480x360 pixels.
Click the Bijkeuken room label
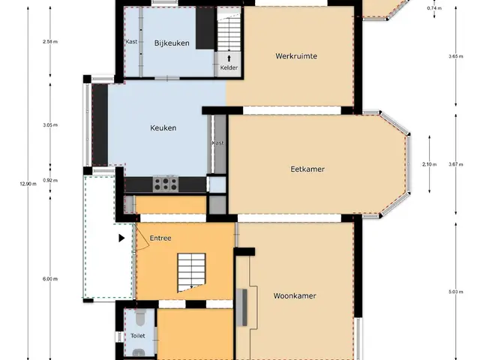point(172,43)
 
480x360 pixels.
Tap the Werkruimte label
point(296,56)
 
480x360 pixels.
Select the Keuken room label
point(163,128)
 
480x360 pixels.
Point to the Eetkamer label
point(307,169)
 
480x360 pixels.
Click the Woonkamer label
point(295,295)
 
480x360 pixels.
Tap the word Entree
point(160,238)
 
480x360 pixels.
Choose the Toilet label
point(138,336)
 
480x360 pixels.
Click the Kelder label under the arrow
point(229,67)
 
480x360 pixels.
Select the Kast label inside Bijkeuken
point(132,42)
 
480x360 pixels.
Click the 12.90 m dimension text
point(28,184)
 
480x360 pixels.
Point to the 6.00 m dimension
point(50,279)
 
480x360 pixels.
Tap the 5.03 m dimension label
point(456,292)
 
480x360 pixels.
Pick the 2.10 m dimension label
point(429,164)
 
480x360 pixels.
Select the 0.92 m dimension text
point(50,180)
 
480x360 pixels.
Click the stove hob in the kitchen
point(166,184)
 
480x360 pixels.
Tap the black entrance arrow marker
point(121,238)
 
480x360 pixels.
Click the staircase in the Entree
point(191,272)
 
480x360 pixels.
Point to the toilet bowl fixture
point(140,317)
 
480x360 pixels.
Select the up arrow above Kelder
point(229,58)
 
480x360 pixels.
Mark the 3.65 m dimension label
point(456,56)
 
